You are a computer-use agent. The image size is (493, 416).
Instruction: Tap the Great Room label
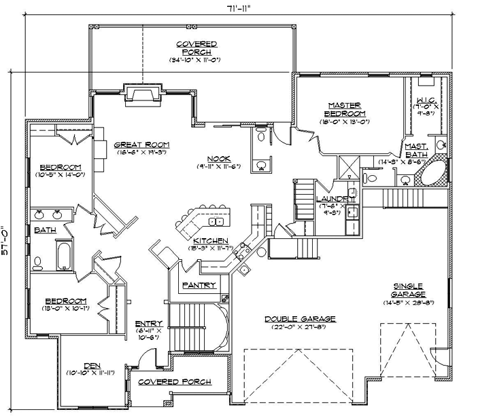coord(141,145)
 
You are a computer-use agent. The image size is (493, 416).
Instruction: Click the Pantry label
coord(199,286)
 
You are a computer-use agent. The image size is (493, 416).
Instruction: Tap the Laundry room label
coord(335,198)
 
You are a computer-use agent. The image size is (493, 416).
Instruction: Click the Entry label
coord(148,323)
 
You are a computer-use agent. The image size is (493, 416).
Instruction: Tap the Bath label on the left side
coord(45,230)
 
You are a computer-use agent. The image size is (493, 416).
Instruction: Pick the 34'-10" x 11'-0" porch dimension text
coord(197,60)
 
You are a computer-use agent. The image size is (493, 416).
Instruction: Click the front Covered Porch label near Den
coord(174,382)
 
